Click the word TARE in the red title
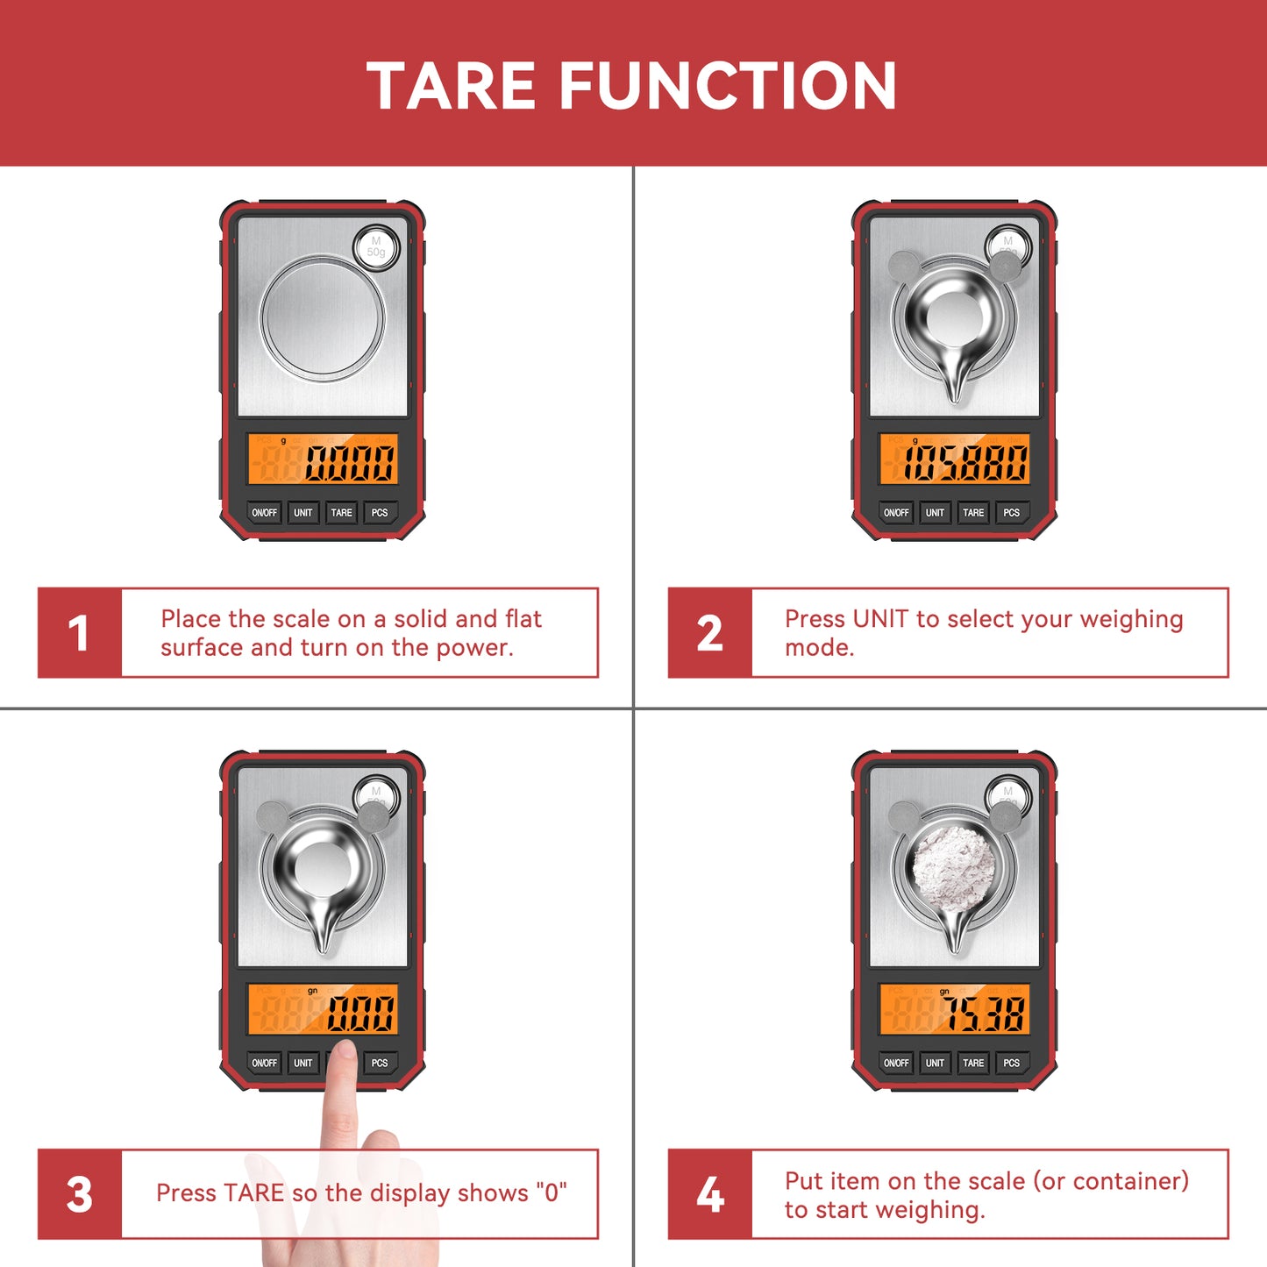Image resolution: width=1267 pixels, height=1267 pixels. (451, 86)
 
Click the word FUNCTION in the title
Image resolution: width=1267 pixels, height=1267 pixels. (728, 86)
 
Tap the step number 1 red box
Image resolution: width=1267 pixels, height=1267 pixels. (79, 633)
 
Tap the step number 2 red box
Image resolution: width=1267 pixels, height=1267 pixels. (709, 633)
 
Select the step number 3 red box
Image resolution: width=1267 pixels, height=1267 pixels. (79, 1194)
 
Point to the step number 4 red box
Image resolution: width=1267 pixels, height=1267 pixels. (709, 1194)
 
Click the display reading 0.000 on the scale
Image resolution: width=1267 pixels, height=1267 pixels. (349, 462)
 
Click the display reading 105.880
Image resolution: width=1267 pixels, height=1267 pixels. (964, 462)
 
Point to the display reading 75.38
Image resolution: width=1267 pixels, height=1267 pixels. (983, 1014)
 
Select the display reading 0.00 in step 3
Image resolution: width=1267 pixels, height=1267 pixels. (360, 1014)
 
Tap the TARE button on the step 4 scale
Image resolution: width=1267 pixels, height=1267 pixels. (973, 1063)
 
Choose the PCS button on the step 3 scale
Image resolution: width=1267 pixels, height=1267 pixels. (380, 1063)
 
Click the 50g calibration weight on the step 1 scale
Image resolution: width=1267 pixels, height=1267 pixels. (376, 246)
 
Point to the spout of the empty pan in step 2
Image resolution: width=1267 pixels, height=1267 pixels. (955, 387)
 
